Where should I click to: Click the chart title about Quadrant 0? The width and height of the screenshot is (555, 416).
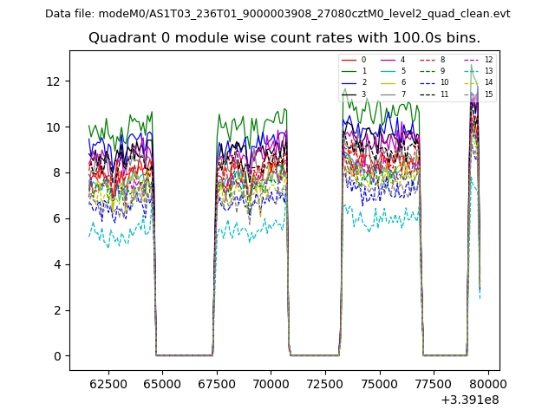pos(284,38)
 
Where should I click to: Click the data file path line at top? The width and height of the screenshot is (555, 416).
pos(277,14)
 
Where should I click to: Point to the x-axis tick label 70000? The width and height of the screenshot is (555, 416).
pos(271,383)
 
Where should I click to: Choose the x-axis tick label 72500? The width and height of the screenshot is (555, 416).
pos(324,383)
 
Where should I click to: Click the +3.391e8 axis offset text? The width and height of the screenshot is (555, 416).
pos(469,400)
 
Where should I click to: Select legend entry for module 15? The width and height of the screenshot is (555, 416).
pos(488,94)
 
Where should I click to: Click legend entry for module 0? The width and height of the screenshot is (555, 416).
pos(363,60)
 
